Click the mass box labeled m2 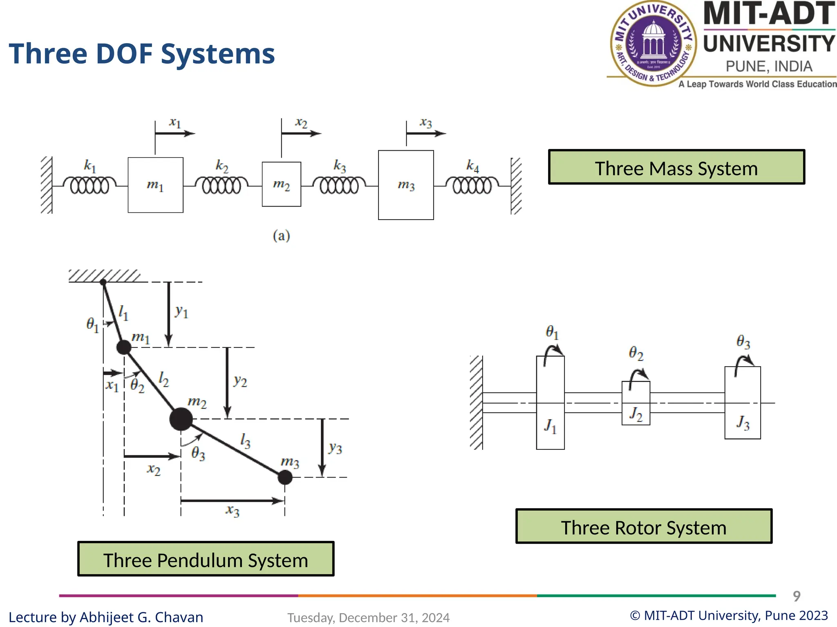pos(281,184)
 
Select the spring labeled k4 pos(472,186)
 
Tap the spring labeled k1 pos(90,186)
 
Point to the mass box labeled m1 pos(155,185)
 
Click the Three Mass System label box pos(676,167)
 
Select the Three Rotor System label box pos(644,527)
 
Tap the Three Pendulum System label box pos(206,559)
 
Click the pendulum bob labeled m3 pos(285,477)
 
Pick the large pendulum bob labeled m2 pos(181,419)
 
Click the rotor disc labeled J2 pos(636,403)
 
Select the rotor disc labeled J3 pos(742,403)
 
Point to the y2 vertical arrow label pos(240,381)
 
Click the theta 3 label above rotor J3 pos(743,342)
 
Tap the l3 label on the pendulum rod pos(245,441)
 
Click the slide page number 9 pos(796,596)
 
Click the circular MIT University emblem pos(653,43)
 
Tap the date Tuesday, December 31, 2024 pos(368,618)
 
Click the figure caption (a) pos(281,236)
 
